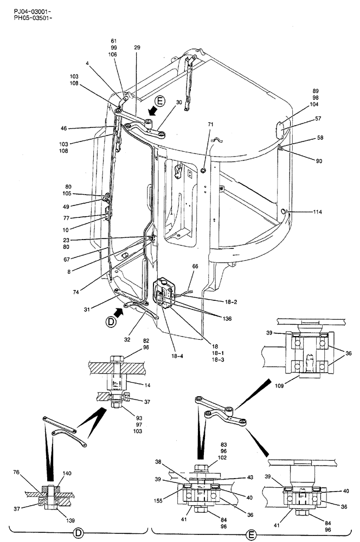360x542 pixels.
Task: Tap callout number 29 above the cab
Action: (x=137, y=48)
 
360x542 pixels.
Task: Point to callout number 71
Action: (x=210, y=124)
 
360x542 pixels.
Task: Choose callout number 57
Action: (x=318, y=118)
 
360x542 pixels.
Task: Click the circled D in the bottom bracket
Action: (x=78, y=533)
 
